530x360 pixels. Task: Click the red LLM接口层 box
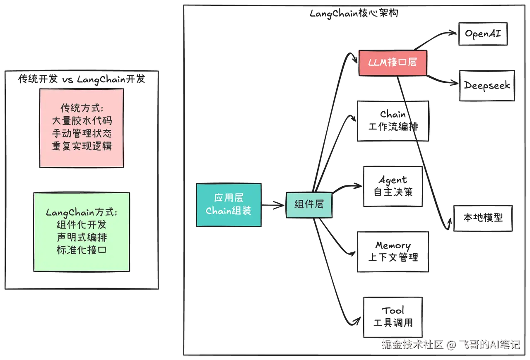[x=393, y=63]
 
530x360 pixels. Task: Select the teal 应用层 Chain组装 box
[x=229, y=205]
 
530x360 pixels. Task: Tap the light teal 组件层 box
[x=309, y=204]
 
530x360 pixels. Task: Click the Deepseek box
[x=487, y=86]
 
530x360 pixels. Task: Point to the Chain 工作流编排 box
[x=393, y=120]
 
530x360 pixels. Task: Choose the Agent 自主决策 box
[x=393, y=187]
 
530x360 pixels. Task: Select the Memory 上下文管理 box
[x=393, y=252]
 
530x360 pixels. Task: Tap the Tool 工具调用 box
[x=393, y=317]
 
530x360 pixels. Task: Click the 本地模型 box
[x=483, y=218]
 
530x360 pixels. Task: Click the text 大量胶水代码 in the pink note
[x=82, y=121]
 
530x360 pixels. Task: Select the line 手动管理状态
[x=82, y=134]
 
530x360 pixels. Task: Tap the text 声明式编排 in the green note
[x=82, y=238]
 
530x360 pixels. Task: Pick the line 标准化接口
[x=82, y=250]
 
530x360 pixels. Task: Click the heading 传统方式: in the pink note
[x=82, y=108]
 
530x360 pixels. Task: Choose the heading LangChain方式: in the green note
[x=82, y=213]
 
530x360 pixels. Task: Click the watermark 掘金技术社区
[x=412, y=344]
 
